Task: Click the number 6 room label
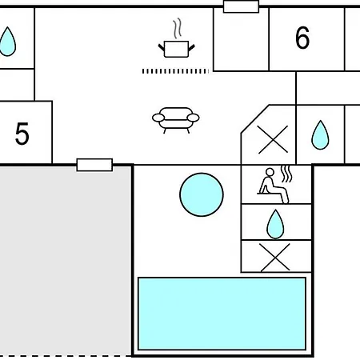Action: (x=302, y=38)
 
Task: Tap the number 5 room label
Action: (x=22, y=134)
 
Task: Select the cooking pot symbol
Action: (x=176, y=49)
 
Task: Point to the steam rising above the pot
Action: (x=178, y=28)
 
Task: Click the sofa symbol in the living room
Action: (x=176, y=120)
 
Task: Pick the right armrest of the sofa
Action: (x=194, y=118)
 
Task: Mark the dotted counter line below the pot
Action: (x=175, y=71)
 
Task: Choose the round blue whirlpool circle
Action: (x=202, y=194)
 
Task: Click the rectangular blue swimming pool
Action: (x=222, y=314)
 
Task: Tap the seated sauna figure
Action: (x=273, y=186)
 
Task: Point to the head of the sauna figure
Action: (x=270, y=172)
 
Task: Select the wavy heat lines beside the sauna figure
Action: (x=286, y=174)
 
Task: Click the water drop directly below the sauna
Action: (x=275, y=224)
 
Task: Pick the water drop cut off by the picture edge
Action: (x=7, y=42)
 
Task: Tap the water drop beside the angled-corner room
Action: (x=320, y=135)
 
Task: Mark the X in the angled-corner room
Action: (x=273, y=139)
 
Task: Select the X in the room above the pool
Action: (x=275, y=258)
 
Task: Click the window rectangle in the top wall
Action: (x=241, y=6)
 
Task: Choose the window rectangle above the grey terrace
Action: (x=94, y=165)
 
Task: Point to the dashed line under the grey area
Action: (x=66, y=356)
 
